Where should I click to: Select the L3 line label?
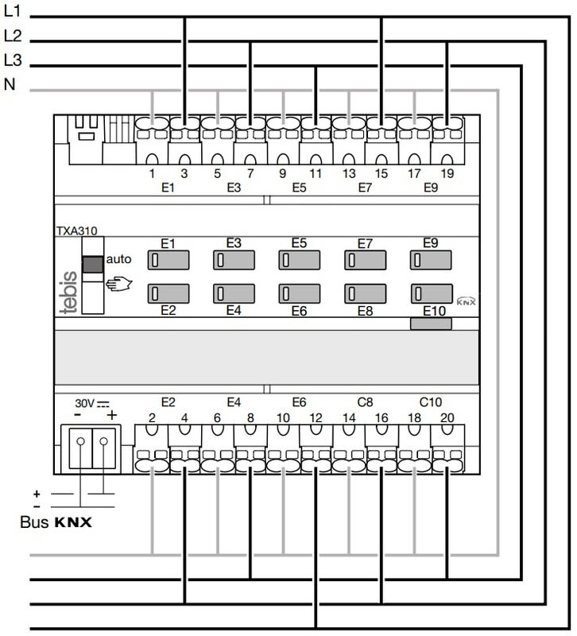[x=12, y=60]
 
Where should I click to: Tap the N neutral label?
[x=10, y=85]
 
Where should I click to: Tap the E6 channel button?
[x=299, y=293]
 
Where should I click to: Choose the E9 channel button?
[x=430, y=260]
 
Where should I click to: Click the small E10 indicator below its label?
[x=431, y=324]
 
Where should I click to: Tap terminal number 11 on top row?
[x=315, y=171]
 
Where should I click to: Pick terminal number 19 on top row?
[x=447, y=171]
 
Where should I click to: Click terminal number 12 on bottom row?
[x=315, y=417]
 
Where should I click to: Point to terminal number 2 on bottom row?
[x=150, y=417]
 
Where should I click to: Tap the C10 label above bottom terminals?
[x=430, y=402]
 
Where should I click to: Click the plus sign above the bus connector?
[x=111, y=416]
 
